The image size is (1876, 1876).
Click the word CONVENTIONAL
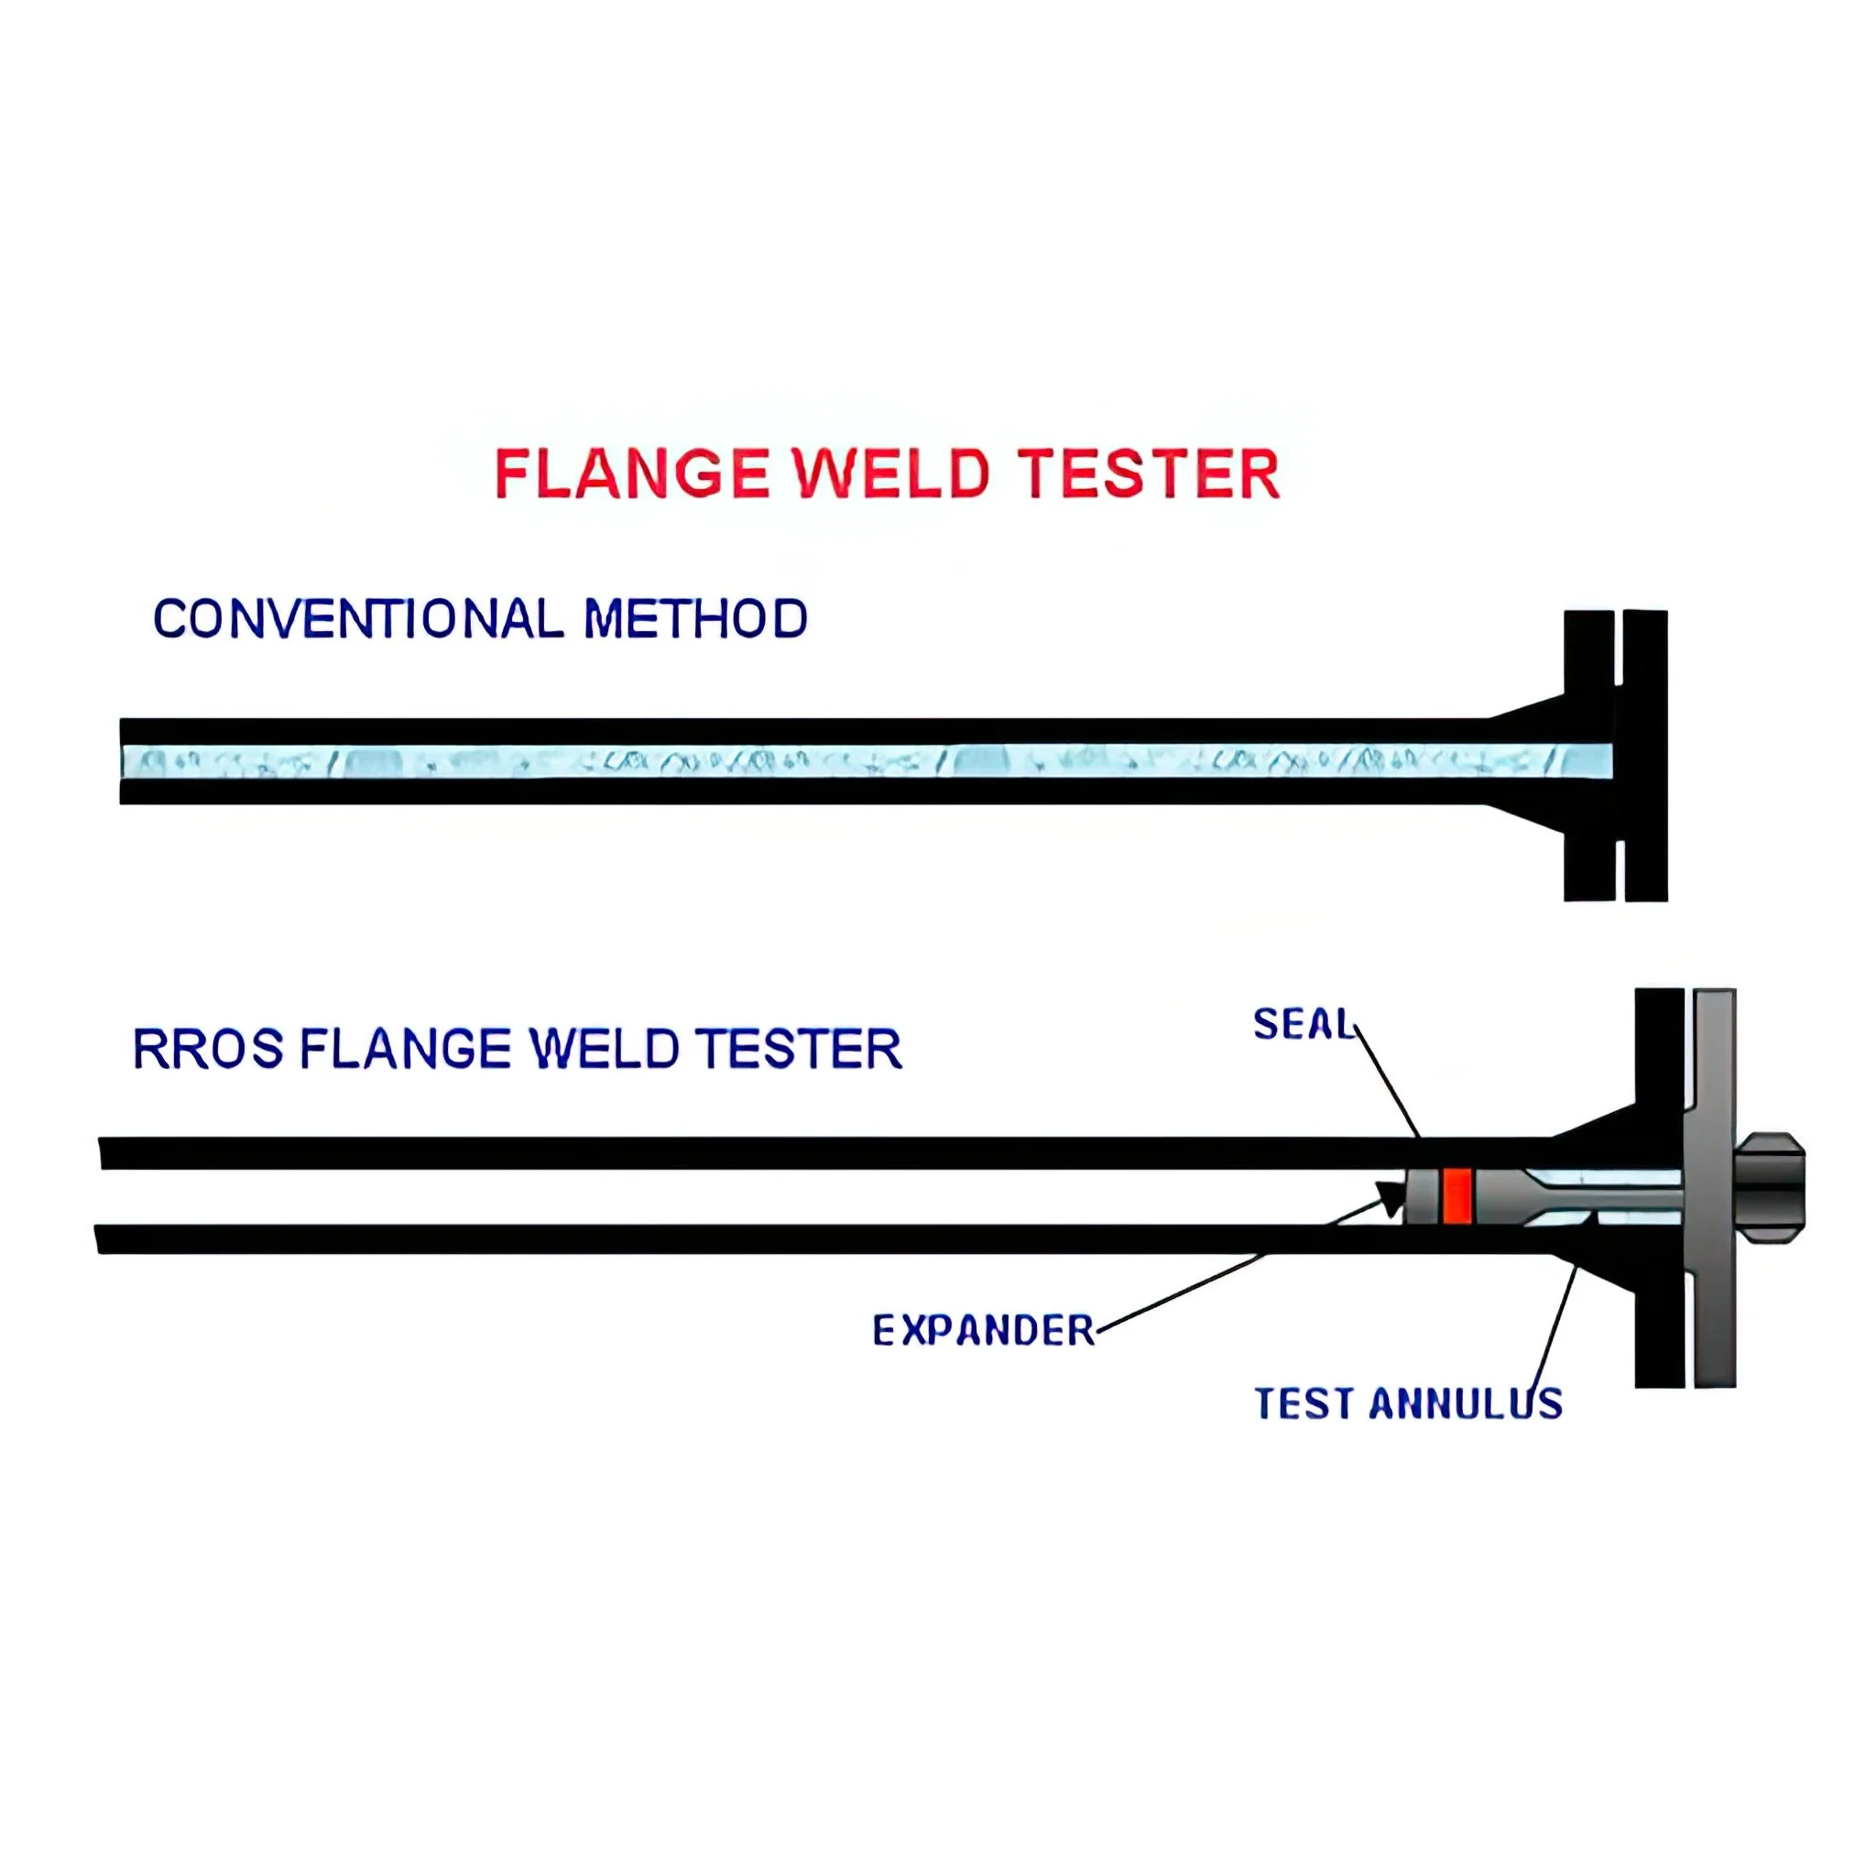pyautogui.click(x=358, y=618)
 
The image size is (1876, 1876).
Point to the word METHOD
pyautogui.click(x=695, y=618)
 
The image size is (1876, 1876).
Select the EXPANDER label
pyautogui.click(x=983, y=1330)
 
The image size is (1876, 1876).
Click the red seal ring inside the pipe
pyautogui.click(x=1457, y=1195)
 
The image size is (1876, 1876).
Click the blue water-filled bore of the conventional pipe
pyautogui.click(x=777, y=761)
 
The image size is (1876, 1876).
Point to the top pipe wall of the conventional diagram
pyautogui.click(x=777, y=731)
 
